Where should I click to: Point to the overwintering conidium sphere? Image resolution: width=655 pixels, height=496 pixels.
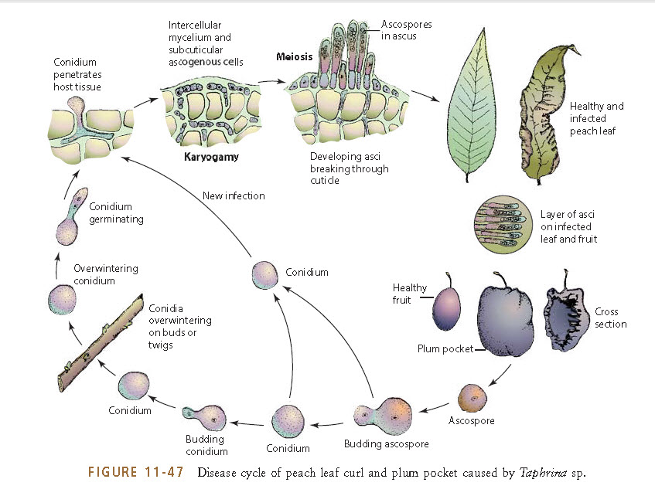(x=62, y=298)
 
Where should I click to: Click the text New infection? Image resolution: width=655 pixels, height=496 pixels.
(x=234, y=195)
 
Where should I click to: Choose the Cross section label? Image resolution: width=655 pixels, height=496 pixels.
(x=610, y=318)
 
